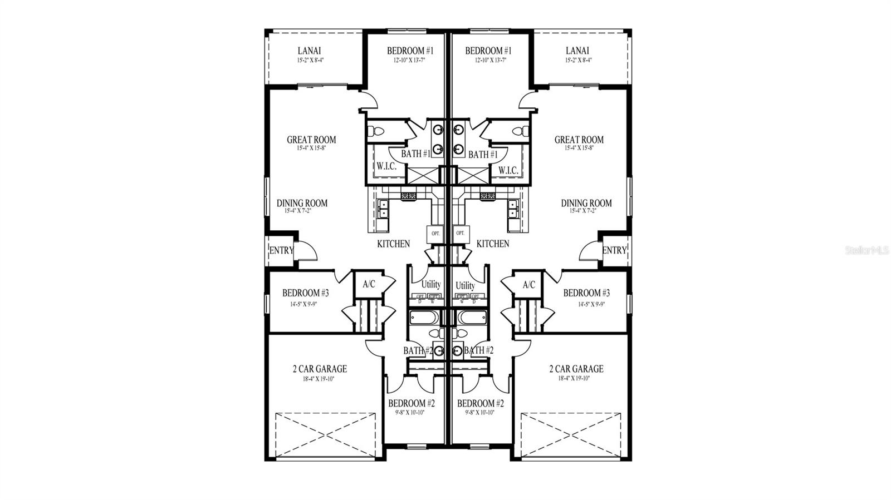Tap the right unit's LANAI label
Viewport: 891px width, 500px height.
(578, 51)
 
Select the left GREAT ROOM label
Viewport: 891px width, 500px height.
(311, 140)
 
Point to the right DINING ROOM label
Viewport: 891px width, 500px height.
(586, 204)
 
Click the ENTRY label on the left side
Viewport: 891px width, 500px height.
(281, 250)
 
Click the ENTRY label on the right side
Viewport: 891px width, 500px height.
(614, 250)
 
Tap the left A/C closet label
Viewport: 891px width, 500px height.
(369, 284)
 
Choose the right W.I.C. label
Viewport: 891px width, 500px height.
(508, 170)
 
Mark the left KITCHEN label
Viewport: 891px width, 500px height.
(393, 244)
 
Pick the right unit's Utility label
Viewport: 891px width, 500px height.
(466, 285)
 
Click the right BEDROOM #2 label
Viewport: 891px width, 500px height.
(480, 403)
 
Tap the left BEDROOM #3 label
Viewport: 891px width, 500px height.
(305, 293)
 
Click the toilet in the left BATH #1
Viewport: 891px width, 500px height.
(377, 132)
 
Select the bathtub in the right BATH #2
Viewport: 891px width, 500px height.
(472, 318)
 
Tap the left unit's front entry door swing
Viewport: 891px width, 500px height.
(306, 251)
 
